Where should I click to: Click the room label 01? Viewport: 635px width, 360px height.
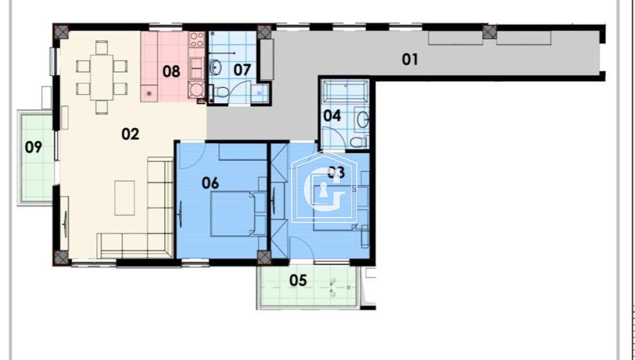pos(410,59)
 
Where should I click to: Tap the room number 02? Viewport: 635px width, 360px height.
pos(130,134)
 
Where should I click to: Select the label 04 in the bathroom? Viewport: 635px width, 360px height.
pos(332,115)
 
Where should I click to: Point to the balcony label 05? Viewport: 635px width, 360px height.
pos(299,280)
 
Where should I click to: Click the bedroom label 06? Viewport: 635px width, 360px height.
pos(210,182)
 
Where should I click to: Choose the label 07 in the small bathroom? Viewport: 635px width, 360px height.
pos(242,69)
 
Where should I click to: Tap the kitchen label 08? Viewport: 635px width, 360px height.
pos(172,70)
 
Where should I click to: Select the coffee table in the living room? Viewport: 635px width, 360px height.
pos(124,197)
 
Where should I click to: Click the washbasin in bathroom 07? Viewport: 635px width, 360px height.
pos(216,67)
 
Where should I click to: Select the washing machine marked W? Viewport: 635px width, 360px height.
pos(259,94)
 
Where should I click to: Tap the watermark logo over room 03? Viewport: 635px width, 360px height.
pos(324,186)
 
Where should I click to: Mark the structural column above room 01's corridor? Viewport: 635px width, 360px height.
pos(489,32)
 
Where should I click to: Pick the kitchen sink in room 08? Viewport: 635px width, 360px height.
pos(197,66)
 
